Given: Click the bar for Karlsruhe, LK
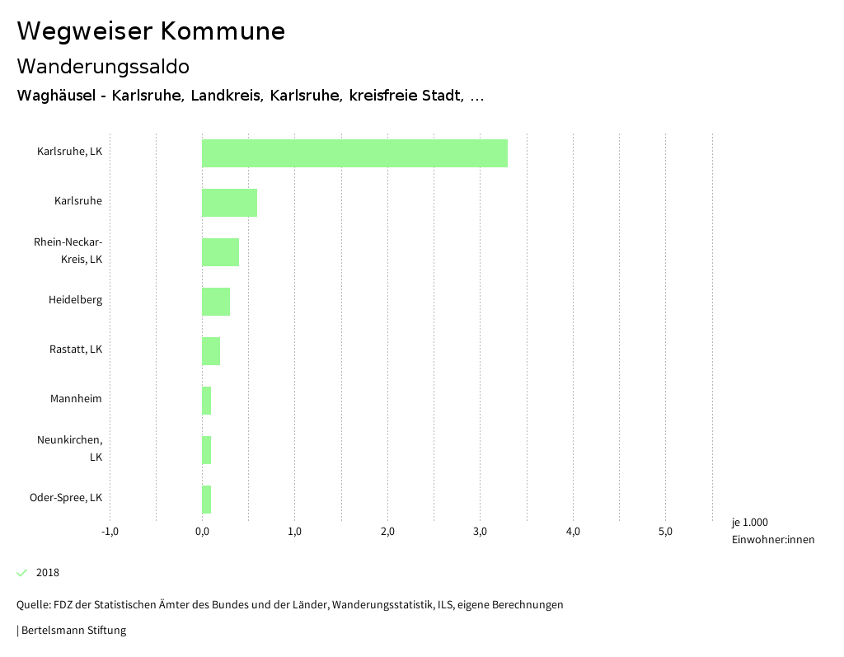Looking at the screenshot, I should coord(354,153).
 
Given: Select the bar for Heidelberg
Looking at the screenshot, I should coord(216,302).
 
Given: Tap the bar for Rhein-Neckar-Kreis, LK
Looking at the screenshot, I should coord(220,252).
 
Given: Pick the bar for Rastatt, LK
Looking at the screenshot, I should coord(211,351).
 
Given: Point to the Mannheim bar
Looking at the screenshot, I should coord(207,401).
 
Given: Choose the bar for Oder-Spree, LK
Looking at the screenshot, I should coord(207,500).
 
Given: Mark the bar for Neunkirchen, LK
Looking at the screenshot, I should coord(207,450).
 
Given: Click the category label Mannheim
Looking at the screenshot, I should coord(76,399).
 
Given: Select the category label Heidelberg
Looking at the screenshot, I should coord(75,300).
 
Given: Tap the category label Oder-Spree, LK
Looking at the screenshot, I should coord(66,498).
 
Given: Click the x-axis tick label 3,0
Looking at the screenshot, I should coord(481,532).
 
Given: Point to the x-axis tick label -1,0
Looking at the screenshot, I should coord(110,532).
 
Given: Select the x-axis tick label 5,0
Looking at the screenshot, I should coord(665,532).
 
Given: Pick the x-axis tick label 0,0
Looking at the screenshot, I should coord(202,532).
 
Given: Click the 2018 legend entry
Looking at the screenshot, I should coord(48,573).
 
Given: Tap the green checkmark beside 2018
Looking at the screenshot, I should coord(22,573).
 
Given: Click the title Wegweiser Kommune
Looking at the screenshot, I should coord(151,31).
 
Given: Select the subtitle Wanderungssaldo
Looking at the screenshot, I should coord(103,66).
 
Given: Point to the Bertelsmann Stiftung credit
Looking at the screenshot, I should coord(73,631).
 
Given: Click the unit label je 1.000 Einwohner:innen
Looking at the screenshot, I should coord(772,531).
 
